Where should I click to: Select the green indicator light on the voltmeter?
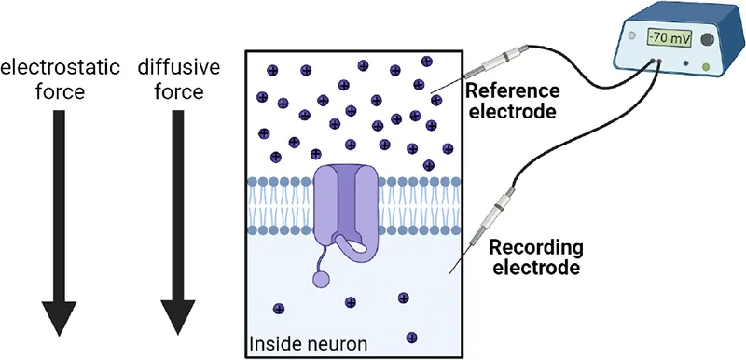[x=714, y=67]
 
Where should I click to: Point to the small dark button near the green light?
[x=687, y=65]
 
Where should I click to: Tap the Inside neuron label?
[x=308, y=345]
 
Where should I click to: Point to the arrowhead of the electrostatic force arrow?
[x=59, y=316]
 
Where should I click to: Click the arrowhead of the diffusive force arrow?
[x=178, y=316]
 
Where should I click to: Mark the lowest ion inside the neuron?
[x=411, y=337]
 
